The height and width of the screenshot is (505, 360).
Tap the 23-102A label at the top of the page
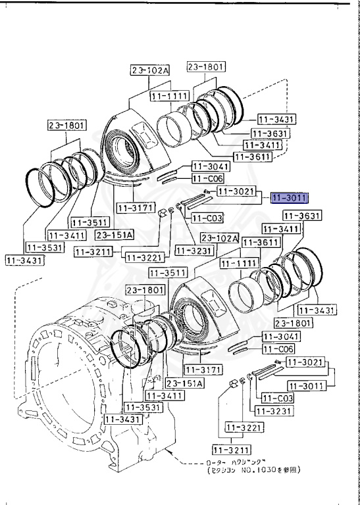point(149,70)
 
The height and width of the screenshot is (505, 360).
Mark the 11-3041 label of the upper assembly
point(209,166)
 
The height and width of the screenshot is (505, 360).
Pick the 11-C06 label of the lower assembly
point(280,349)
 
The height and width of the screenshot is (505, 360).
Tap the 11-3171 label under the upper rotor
point(135,208)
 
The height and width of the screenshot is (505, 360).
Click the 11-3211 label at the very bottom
point(229,450)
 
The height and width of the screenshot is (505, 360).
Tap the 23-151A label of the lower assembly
point(183,383)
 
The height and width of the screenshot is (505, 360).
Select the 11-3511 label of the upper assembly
point(89,222)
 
